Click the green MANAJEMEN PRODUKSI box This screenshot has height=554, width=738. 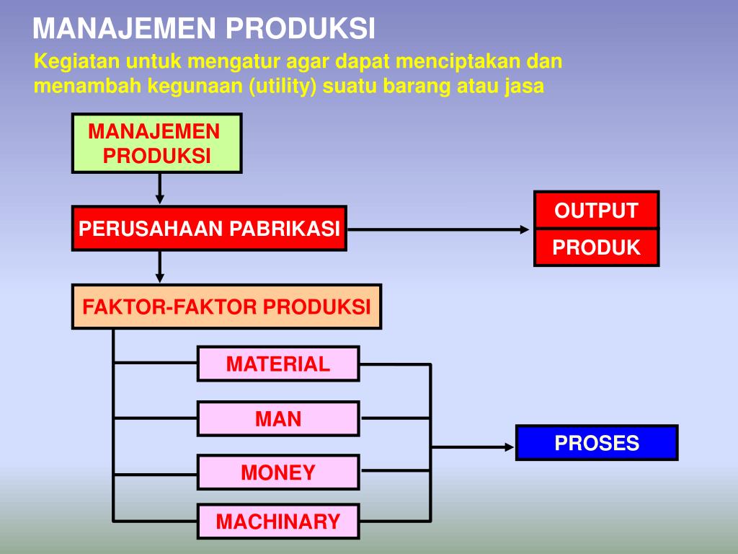156,143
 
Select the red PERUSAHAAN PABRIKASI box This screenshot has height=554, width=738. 209,229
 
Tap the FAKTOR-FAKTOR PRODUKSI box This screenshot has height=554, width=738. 226,307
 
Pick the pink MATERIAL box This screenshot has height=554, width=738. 278,364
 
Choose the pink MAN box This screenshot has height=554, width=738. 278,418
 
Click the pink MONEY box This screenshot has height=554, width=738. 278,472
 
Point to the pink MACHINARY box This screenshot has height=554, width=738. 278,521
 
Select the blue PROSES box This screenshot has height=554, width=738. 597,442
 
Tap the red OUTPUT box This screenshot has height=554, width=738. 596,211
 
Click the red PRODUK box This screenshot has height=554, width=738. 596,247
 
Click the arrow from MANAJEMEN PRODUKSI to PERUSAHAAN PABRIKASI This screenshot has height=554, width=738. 160,189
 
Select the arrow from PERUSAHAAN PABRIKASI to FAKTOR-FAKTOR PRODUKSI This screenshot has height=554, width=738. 160,267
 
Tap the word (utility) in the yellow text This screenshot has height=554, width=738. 284,87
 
